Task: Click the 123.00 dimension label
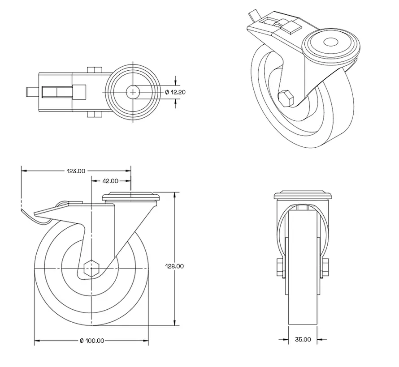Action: pyautogui.click(x=76, y=171)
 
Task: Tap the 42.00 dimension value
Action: pyautogui.click(x=110, y=181)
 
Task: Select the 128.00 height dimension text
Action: pyautogui.click(x=175, y=266)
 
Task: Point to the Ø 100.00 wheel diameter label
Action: pyautogui.click(x=92, y=341)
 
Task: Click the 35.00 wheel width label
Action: pyautogui.click(x=303, y=340)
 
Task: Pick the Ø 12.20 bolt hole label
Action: pyautogui.click(x=175, y=92)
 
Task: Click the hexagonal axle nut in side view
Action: pyautogui.click(x=91, y=268)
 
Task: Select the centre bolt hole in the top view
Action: pyautogui.click(x=133, y=92)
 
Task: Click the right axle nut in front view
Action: pyautogui.click(x=325, y=267)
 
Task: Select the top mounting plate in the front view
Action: pyautogui.click(x=303, y=196)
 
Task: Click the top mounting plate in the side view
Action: pyautogui.click(x=131, y=197)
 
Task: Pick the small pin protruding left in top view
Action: pyautogui.click(x=28, y=92)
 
